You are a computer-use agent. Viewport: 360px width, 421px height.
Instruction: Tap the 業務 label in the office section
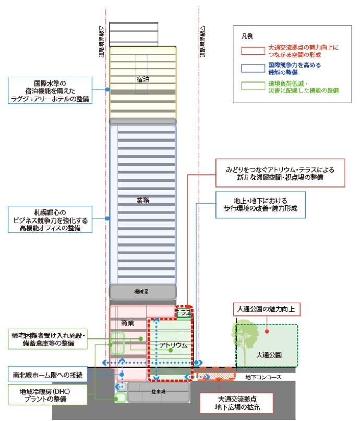coord(142,200)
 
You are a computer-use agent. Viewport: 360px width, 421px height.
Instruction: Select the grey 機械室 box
coord(142,290)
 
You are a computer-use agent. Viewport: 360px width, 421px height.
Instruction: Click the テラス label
coord(183,312)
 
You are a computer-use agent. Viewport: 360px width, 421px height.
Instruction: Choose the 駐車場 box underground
coord(157,392)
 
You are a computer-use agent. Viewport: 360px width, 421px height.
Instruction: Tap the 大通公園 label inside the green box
coord(270,355)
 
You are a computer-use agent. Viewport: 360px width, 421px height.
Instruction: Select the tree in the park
coord(244,337)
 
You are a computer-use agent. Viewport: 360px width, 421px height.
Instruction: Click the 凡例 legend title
coord(247,37)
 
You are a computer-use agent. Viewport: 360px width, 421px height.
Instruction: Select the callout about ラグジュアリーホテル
coord(51,90)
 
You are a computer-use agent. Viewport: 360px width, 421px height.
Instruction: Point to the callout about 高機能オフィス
coord(51,220)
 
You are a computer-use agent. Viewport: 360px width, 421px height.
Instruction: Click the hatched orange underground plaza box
coord(216,375)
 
